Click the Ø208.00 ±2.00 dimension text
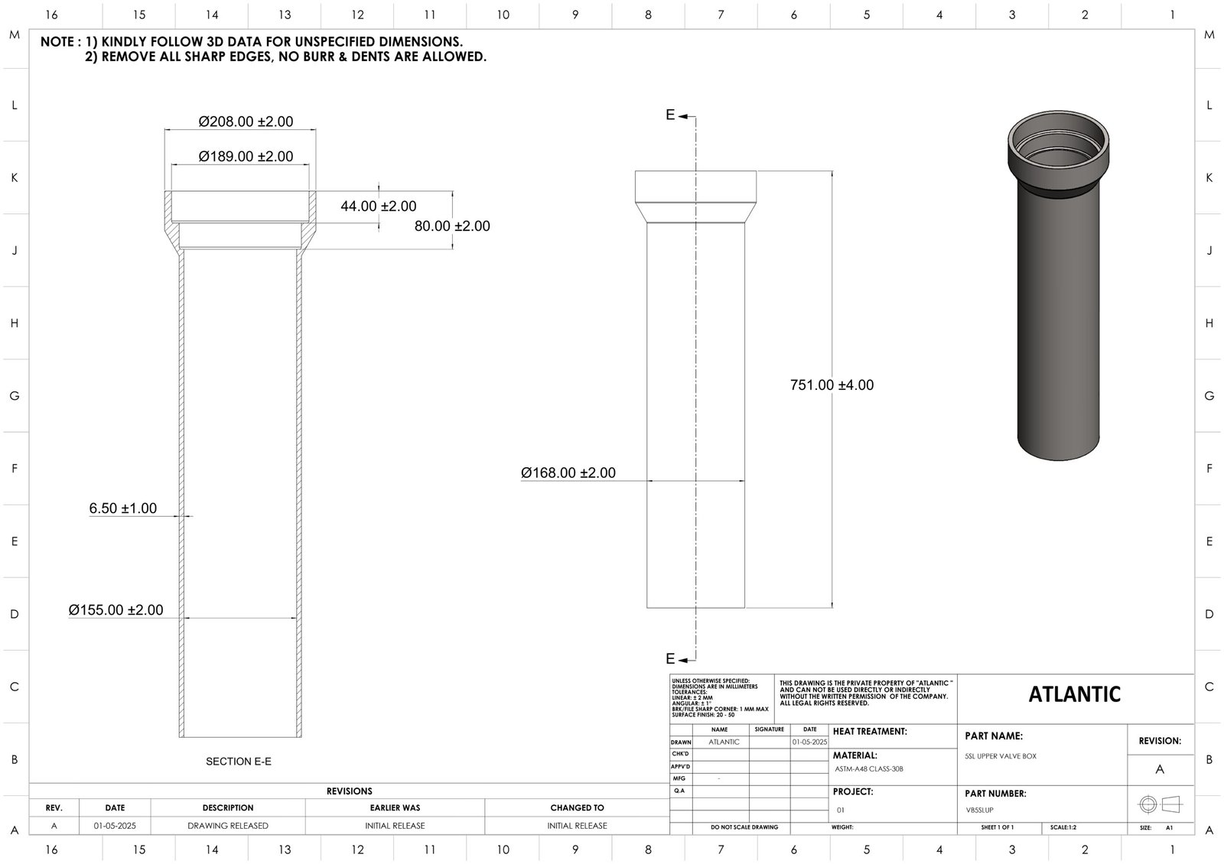(x=246, y=122)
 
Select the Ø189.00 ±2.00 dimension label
(x=246, y=157)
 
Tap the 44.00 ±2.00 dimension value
(x=379, y=206)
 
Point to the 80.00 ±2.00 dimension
(x=452, y=226)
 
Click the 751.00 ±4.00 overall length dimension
(x=832, y=385)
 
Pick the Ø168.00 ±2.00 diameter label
(x=568, y=473)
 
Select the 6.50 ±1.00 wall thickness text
(x=123, y=508)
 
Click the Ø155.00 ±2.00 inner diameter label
(x=116, y=610)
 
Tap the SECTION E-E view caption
(x=239, y=762)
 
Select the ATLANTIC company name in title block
(x=1074, y=694)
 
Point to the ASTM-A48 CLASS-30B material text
(x=869, y=769)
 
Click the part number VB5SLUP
(x=980, y=810)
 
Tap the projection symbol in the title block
(x=1160, y=804)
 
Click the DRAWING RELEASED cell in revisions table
(x=228, y=826)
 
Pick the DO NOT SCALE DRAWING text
(x=744, y=827)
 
